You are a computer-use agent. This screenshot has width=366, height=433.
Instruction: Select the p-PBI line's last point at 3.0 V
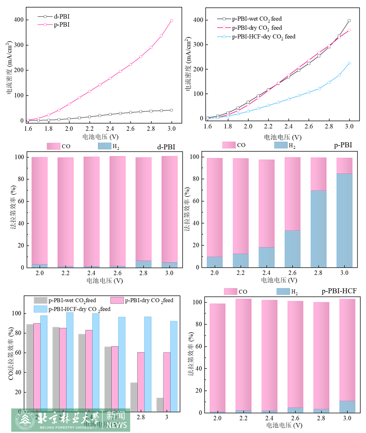coord(171,21)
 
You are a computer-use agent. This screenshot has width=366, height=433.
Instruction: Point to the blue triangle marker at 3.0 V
coord(349,63)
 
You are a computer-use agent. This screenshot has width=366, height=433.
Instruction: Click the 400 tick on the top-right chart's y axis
coord(199,20)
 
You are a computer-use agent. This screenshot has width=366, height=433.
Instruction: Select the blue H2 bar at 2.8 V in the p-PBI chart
coord(318,229)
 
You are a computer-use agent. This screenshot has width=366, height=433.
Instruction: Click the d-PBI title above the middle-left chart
coord(166,147)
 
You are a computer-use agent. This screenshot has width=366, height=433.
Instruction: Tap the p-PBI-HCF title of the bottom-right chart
coord(339,291)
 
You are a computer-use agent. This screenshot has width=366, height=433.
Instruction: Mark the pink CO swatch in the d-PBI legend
coord(53,146)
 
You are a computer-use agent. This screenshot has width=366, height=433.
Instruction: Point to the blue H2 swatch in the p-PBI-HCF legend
coord(283,292)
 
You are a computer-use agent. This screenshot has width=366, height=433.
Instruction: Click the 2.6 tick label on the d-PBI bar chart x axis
coord(117,273)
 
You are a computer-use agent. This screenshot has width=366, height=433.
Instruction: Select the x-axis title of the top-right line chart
coord(282,137)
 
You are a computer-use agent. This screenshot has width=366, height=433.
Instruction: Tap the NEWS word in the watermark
coord(117,425)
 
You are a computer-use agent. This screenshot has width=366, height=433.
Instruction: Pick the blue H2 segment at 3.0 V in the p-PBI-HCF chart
coord(347,407)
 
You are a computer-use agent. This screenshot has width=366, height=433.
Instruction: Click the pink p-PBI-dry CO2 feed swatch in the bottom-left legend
coord(117,300)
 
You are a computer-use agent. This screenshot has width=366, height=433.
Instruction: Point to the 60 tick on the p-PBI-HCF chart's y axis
coord(199,346)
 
